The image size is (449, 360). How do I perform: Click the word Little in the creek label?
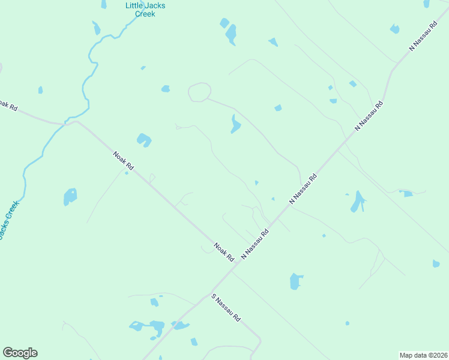click(x=134, y=5)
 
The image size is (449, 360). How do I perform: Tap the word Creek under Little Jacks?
click(x=145, y=14)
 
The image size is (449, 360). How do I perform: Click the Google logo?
click(x=20, y=353)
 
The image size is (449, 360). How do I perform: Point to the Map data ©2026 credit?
click(x=423, y=355)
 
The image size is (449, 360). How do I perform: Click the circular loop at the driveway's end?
click(x=199, y=92)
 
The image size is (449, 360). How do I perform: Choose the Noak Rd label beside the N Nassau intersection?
click(x=224, y=251)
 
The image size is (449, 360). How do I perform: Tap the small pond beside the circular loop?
click(x=165, y=89)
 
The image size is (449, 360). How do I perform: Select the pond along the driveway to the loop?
click(x=235, y=124)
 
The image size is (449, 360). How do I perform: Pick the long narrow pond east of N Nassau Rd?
click(x=358, y=202)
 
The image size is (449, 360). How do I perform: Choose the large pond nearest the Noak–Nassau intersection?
click(x=296, y=281)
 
